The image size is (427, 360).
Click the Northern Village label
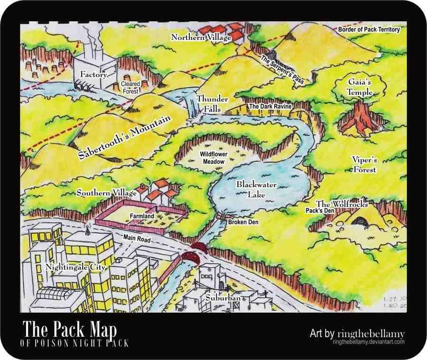point(201,37)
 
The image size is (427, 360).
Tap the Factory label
point(93,74)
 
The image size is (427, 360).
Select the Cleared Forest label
point(130,87)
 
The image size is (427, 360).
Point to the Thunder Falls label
point(212,104)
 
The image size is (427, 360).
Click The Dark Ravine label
point(270,107)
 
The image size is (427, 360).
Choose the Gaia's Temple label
point(359,87)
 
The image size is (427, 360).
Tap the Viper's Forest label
point(364,164)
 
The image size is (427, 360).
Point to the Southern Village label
point(107,193)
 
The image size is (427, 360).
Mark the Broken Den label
point(243,222)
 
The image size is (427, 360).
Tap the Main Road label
point(137,238)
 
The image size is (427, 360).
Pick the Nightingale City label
point(75,267)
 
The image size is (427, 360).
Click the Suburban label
point(223,297)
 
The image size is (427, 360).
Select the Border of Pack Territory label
point(369,29)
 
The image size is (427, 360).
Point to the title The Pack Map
point(70,329)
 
